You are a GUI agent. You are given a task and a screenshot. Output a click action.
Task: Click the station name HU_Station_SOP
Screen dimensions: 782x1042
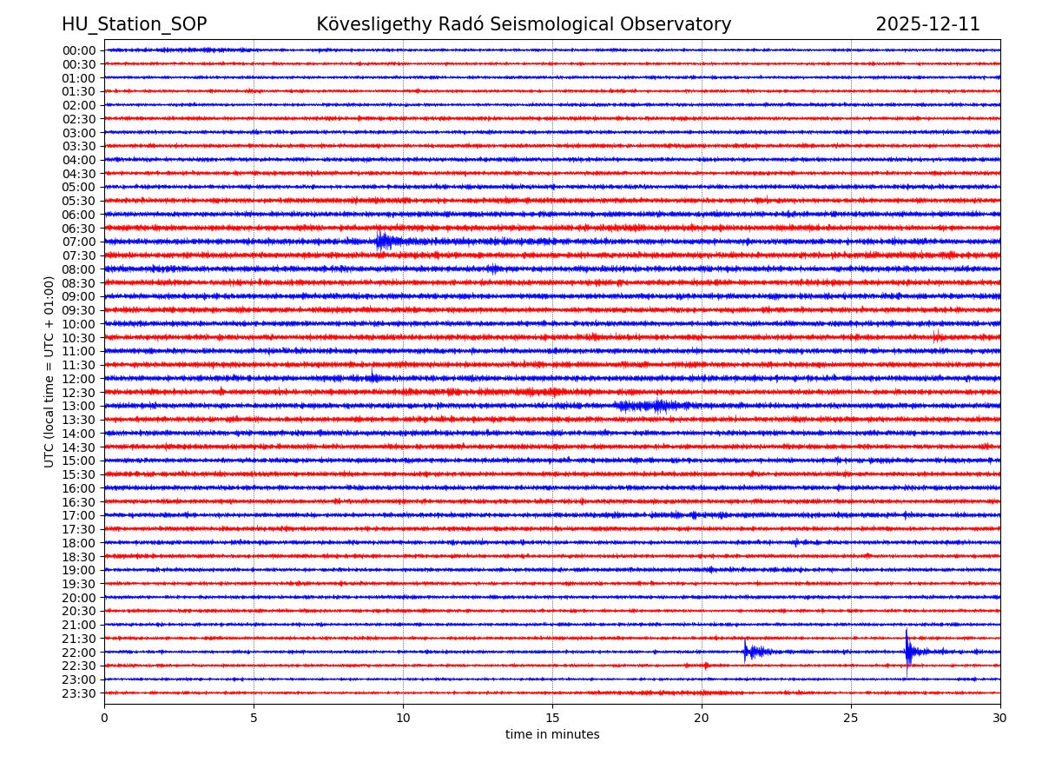click(x=134, y=24)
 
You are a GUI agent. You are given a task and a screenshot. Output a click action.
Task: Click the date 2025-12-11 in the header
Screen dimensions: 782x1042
click(x=927, y=24)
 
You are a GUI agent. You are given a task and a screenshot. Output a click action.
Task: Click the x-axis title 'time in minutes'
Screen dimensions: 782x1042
click(x=552, y=734)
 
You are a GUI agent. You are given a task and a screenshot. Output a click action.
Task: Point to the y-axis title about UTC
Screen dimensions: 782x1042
click(x=49, y=371)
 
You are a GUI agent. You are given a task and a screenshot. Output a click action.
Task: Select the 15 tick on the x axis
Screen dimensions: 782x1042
click(x=552, y=718)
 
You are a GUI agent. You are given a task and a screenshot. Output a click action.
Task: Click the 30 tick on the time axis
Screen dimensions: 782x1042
click(x=999, y=718)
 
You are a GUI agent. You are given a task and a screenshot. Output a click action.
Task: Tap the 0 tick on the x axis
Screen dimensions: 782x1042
click(x=104, y=718)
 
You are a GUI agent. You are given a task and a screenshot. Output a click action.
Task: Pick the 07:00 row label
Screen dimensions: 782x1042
click(x=79, y=242)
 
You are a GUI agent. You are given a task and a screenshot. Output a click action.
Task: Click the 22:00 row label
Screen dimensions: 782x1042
click(x=79, y=652)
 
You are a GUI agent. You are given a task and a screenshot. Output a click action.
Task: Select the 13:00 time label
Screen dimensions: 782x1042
click(x=79, y=406)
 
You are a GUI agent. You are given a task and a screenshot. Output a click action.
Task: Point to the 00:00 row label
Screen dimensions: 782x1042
click(x=79, y=50)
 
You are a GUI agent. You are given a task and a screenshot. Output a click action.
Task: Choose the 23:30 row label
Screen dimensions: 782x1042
click(x=79, y=693)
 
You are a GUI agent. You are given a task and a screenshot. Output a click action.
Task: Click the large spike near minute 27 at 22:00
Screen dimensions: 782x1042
click(x=907, y=650)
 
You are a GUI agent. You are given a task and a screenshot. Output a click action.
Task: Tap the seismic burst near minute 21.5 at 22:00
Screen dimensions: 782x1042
click(x=746, y=651)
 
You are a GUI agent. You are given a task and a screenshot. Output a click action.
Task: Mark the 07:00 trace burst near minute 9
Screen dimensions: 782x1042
click(x=383, y=241)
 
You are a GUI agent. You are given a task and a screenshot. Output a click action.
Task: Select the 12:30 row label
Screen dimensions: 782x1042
click(x=79, y=392)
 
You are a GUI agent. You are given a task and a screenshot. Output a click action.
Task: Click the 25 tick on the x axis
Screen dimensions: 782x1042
click(x=850, y=718)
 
